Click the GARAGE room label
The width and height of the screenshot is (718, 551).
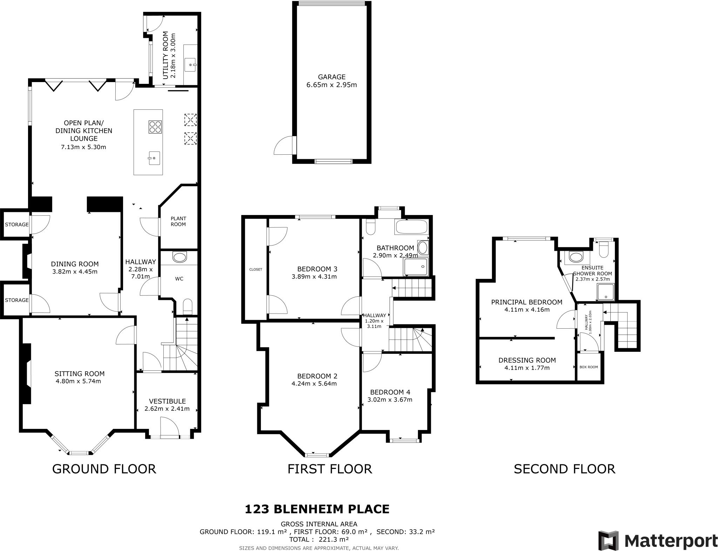pyautogui.click(x=331, y=77)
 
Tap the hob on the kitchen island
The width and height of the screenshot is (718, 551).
pyautogui.click(x=155, y=127)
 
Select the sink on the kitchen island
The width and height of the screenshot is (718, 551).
pyautogui.click(x=154, y=158)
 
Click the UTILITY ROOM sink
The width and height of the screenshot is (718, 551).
pyautogui.click(x=191, y=65)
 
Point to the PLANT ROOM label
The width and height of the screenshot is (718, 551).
pyautogui.click(x=178, y=221)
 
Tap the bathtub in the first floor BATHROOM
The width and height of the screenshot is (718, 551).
pyautogui.click(x=412, y=227)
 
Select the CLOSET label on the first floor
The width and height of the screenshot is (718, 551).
pyautogui.click(x=256, y=269)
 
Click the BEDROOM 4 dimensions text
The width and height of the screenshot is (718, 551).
pyautogui.click(x=390, y=399)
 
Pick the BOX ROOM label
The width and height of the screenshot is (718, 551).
pyautogui.click(x=589, y=367)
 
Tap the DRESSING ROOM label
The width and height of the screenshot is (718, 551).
pyautogui.click(x=527, y=360)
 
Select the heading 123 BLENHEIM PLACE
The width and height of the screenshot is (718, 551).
pyautogui.click(x=317, y=509)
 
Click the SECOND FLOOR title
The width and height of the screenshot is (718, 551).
pyautogui.click(x=564, y=469)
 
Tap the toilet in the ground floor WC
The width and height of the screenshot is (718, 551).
pyautogui.click(x=188, y=306)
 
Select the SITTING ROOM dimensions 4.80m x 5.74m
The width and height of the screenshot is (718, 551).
pyautogui.click(x=78, y=381)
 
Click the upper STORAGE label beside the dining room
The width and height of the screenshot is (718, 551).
pyautogui.click(x=17, y=224)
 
